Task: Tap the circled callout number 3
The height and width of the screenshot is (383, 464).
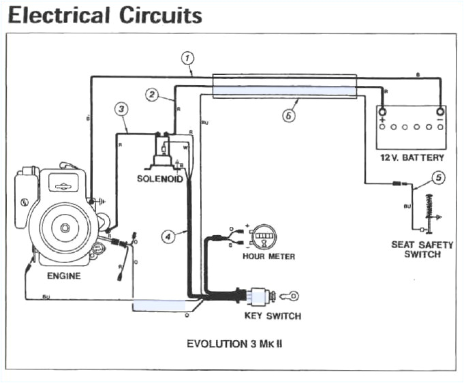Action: click(x=121, y=109)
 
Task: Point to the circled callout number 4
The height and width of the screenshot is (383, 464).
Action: click(x=168, y=236)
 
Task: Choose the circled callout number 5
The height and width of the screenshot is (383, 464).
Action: click(x=438, y=179)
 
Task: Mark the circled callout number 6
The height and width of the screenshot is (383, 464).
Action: click(x=289, y=116)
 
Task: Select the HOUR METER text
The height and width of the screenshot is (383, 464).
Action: click(x=268, y=256)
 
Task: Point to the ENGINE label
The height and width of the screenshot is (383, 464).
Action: click(x=64, y=276)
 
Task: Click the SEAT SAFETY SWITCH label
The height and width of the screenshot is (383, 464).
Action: click(x=422, y=249)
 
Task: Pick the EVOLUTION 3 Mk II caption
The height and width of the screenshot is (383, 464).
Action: click(x=234, y=343)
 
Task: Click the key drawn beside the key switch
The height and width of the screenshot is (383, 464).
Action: click(x=288, y=296)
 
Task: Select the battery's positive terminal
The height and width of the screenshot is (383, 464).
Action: click(x=382, y=112)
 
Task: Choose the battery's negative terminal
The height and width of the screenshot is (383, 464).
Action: click(x=440, y=112)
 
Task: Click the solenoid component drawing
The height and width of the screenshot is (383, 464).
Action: click(x=163, y=150)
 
